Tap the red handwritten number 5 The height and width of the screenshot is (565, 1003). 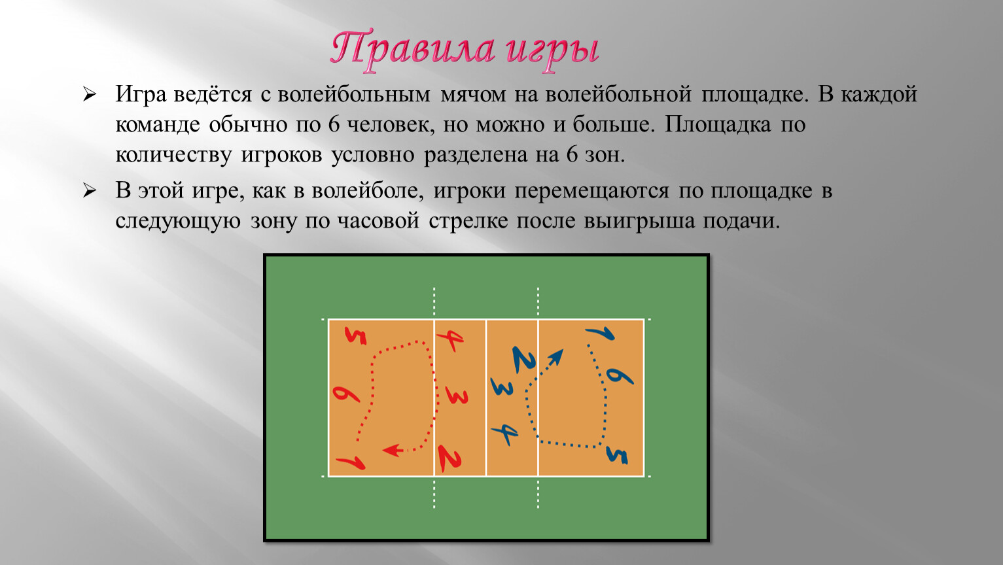pos(355,335)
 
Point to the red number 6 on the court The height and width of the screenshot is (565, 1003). pos(345,394)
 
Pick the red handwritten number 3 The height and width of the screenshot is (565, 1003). pos(457,396)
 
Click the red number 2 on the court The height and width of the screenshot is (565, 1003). pos(449,458)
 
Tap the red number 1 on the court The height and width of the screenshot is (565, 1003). pos(351,463)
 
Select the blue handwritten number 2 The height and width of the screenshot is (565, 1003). pos(524,360)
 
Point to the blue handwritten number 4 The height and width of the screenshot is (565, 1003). pos(505,433)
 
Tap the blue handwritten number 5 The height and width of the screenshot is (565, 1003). pos(617,455)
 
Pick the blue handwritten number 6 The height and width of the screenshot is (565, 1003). pos(620,375)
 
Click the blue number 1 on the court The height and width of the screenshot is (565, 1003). pos(600,334)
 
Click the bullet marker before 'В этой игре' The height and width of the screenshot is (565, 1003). pos(89,191)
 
